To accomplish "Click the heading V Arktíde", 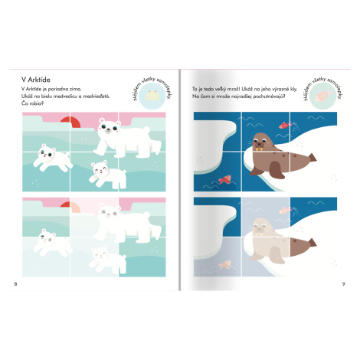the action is [x=36, y=80].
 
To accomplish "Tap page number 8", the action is [x=15, y=284].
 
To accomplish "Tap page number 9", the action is [x=344, y=284].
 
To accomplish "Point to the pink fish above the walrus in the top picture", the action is [x=285, y=125].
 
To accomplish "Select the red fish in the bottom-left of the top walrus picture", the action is [x=224, y=179].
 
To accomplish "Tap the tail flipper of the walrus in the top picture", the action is [x=312, y=158].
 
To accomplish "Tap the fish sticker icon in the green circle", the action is [x=323, y=96].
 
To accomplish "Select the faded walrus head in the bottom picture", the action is [x=261, y=227].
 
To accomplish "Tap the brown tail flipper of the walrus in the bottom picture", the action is [x=312, y=243].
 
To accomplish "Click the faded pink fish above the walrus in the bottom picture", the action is [x=285, y=210].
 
